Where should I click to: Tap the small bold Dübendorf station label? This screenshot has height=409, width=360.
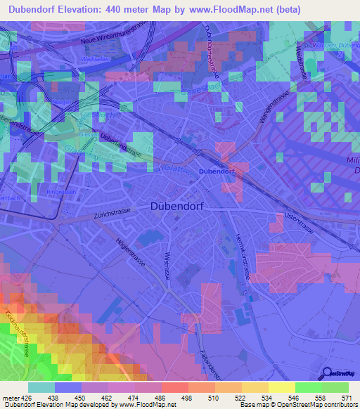tap(216, 171)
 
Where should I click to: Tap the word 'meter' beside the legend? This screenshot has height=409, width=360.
tap(11, 397)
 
